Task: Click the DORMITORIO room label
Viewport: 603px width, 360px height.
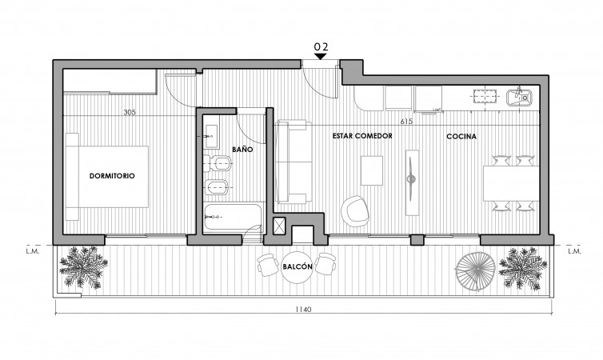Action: click(x=112, y=176)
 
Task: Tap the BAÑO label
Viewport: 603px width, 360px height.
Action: click(x=242, y=149)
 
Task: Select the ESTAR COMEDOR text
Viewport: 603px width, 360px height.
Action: click(x=362, y=136)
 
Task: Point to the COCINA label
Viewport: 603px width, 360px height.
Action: click(x=461, y=136)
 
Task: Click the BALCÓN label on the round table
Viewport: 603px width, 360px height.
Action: click(x=298, y=266)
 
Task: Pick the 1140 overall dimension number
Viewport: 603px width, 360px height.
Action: click(x=303, y=310)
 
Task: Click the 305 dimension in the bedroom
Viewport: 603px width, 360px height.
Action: click(x=130, y=113)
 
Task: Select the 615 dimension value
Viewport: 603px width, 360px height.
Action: click(x=406, y=122)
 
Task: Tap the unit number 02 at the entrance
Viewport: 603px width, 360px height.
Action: click(x=321, y=47)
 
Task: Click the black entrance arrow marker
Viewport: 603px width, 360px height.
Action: click(x=321, y=56)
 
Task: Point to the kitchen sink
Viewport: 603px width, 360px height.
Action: click(x=519, y=97)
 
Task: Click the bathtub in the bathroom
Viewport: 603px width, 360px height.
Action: click(x=233, y=218)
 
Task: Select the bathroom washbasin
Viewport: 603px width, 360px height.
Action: click(x=211, y=136)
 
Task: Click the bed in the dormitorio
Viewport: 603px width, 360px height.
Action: click(x=107, y=177)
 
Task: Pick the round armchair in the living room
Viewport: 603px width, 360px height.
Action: click(x=355, y=210)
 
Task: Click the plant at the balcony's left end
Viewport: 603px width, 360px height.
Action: click(x=83, y=267)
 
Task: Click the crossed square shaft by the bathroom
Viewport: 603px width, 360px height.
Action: click(x=279, y=226)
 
